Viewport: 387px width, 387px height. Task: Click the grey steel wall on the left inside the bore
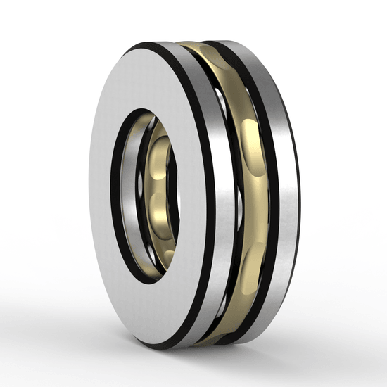pyautogui.click(x=130, y=197)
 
